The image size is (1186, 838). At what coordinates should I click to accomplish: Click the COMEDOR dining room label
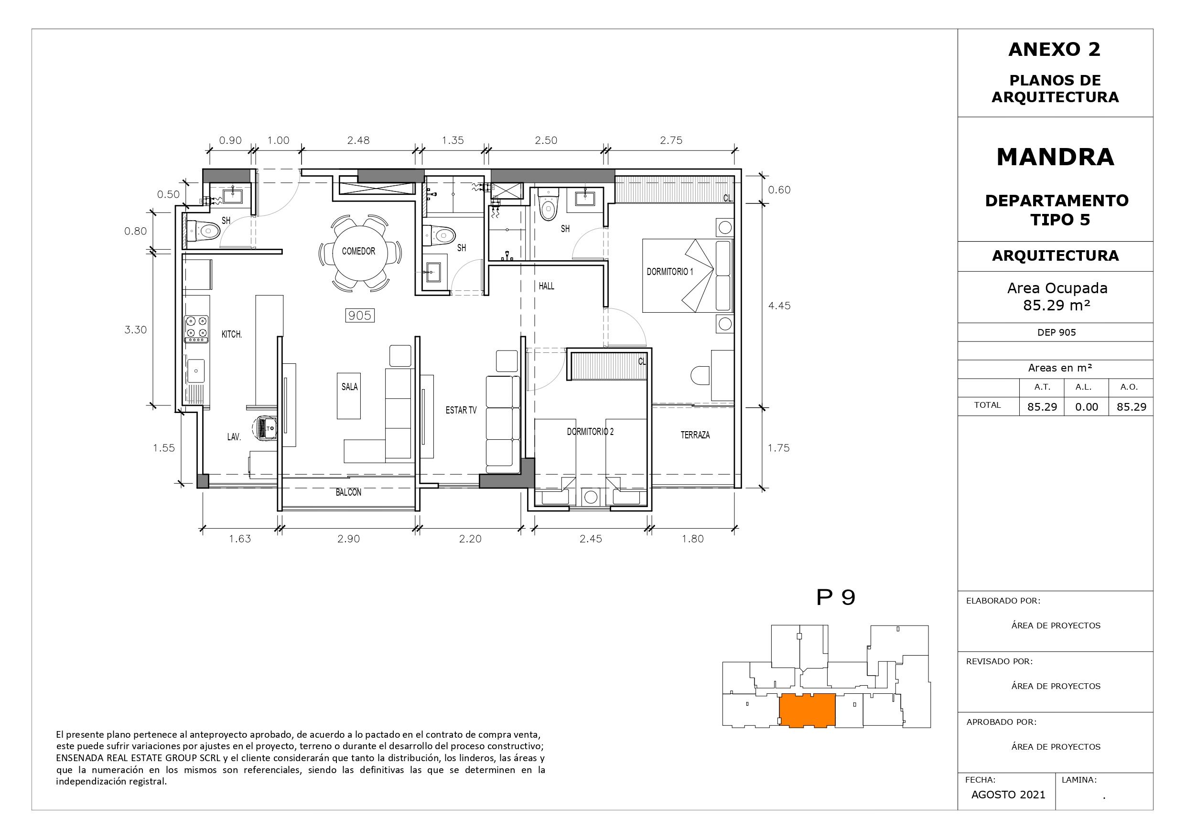tap(358, 252)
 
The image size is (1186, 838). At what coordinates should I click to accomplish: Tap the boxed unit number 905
tap(360, 316)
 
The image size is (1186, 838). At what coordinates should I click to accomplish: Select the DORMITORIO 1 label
tap(670, 272)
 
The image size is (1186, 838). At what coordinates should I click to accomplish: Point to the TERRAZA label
tap(695, 435)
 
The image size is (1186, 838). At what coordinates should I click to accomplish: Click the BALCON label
tap(349, 493)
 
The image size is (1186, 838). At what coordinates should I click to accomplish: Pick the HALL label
tap(547, 286)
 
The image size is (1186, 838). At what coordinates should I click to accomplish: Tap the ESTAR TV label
tap(461, 411)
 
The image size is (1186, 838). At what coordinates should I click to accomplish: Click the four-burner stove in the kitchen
tap(197, 329)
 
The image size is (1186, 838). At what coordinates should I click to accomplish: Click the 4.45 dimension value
tap(779, 306)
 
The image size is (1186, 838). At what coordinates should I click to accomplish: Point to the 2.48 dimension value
tap(358, 140)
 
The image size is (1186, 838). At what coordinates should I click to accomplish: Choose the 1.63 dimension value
tap(240, 539)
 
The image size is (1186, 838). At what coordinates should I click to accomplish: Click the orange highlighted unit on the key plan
tap(808, 711)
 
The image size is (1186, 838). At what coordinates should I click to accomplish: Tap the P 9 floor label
tap(836, 597)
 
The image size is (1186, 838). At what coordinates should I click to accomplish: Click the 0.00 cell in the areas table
tap(1087, 407)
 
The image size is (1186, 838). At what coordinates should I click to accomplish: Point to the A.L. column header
tap(1084, 387)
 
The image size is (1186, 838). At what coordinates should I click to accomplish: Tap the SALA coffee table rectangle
tap(349, 396)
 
